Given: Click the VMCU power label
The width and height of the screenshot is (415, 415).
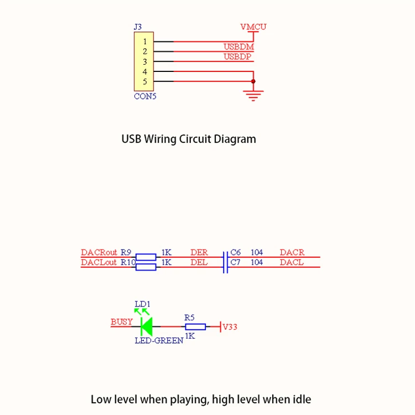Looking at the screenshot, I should [x=253, y=27].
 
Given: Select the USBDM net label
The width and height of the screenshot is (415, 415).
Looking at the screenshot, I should [x=238, y=47].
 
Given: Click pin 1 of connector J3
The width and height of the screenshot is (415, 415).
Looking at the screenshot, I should [x=144, y=41].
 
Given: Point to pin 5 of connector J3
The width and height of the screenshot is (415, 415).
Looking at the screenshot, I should [x=144, y=82].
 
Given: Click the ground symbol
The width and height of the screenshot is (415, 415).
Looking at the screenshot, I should [x=253, y=96].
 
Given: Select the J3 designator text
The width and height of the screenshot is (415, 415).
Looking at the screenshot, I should [x=138, y=27].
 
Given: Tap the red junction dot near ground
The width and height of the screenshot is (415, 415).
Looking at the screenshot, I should [x=253, y=82].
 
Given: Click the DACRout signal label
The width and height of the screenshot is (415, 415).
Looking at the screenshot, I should [x=99, y=253].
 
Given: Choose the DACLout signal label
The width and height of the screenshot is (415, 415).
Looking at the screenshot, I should [x=99, y=262].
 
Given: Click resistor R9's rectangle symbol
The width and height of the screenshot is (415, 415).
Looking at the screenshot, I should [x=146, y=257].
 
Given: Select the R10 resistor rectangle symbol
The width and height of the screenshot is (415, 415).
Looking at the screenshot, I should [x=146, y=267].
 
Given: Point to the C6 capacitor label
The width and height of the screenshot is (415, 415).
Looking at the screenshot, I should [x=236, y=253].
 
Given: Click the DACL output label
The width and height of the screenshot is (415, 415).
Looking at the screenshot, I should [x=292, y=262].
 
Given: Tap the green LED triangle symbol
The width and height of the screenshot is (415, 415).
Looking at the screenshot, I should [x=146, y=326].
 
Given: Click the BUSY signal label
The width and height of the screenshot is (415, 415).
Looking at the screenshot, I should [x=122, y=322].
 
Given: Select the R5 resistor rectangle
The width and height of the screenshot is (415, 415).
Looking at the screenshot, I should [x=195, y=327].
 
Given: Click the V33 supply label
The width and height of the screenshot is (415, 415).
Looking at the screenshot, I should [x=230, y=327].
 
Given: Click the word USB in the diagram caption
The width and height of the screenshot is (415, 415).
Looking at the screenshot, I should [x=131, y=139].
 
